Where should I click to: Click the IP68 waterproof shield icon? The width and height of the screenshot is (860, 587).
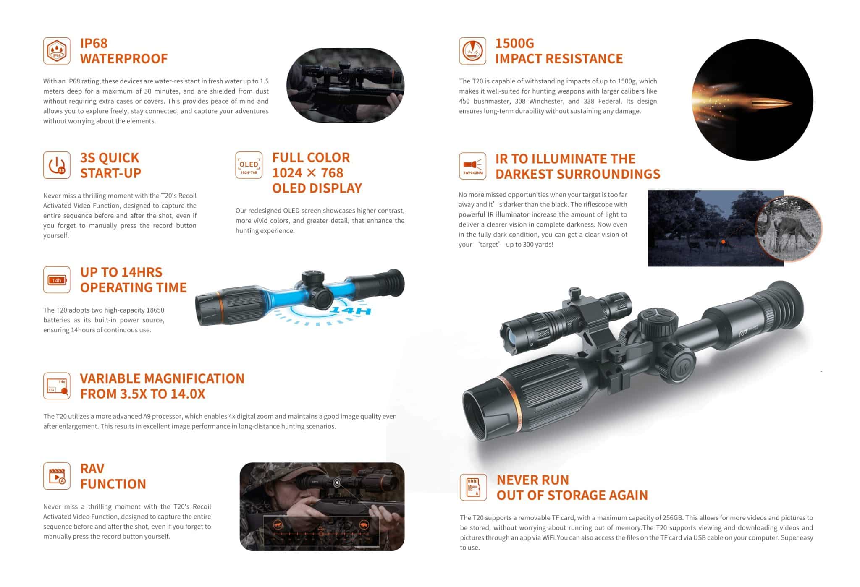(x=57, y=51)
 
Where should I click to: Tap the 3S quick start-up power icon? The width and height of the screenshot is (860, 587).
(x=57, y=165)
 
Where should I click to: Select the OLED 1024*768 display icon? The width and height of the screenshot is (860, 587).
(x=249, y=165)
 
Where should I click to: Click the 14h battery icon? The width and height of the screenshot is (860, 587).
(x=57, y=280)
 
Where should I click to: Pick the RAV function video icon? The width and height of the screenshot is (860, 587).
(x=57, y=476)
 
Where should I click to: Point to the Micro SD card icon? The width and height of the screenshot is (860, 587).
(x=473, y=487)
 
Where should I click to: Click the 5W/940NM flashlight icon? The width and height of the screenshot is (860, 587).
(x=472, y=166)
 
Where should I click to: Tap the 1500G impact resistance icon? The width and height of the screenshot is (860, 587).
(x=472, y=51)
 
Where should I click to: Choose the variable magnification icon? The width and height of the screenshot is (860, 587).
(x=57, y=386)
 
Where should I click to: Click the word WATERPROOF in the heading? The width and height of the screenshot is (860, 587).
(x=124, y=58)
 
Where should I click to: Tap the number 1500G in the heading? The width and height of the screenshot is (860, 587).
(x=514, y=43)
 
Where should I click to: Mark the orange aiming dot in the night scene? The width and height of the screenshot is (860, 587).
(x=723, y=242)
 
